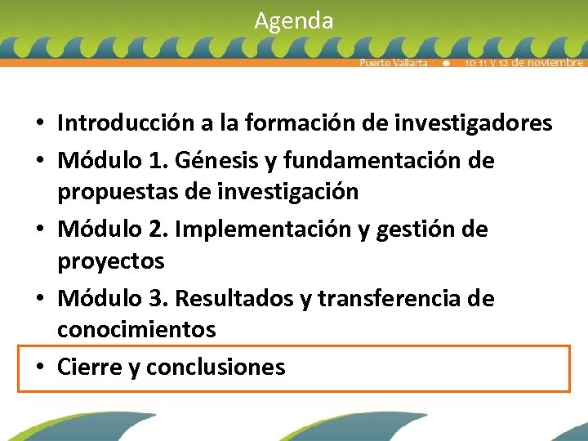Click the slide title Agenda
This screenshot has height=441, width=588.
pos(293,20)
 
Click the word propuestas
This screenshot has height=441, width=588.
pos(117,192)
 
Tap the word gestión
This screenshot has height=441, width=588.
pos(412,229)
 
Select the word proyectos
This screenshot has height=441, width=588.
pos(110,261)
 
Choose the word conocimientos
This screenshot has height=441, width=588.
pos(136,330)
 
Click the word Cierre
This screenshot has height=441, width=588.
pos(89,367)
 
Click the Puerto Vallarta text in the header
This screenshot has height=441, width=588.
pos(394,63)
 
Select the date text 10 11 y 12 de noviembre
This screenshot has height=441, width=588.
pos(523,63)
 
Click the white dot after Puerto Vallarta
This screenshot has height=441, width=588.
pos(446,63)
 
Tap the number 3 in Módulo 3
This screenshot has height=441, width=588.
pos(160,299)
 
